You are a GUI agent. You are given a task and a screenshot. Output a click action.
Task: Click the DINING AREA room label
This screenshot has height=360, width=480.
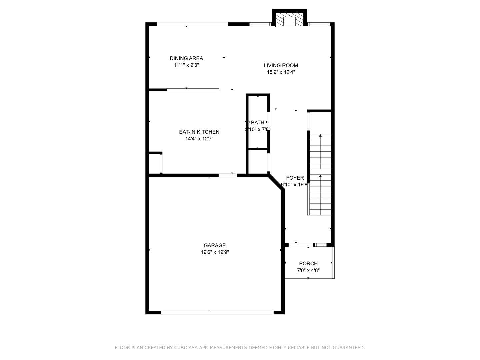coord(186,58)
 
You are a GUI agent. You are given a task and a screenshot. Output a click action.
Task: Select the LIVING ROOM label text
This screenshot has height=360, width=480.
coord(281,65)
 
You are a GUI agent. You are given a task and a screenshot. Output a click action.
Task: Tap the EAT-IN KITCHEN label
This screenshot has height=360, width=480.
coord(199,132)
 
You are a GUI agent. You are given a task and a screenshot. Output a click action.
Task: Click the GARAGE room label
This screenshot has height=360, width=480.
coord(215,245)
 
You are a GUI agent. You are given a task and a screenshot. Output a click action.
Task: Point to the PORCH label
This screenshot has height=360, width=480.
coord(308,263)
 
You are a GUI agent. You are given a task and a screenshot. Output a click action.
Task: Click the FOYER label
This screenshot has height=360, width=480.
coord(295,178)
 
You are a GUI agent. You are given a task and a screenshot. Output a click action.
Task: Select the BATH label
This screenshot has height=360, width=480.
coord(257,122)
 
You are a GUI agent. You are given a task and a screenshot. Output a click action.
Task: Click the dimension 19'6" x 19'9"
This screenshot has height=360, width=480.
coord(215,252)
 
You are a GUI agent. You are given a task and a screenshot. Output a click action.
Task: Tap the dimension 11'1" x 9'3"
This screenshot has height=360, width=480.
coord(186,65)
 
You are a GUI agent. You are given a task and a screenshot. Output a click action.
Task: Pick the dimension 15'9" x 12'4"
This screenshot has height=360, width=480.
coord(281,72)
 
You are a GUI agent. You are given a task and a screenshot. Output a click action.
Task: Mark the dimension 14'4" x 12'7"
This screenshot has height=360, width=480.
coord(199,139)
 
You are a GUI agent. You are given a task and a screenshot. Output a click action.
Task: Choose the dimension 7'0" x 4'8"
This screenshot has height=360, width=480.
coord(308,270)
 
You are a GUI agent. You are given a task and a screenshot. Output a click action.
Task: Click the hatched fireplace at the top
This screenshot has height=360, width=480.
coord(290,20)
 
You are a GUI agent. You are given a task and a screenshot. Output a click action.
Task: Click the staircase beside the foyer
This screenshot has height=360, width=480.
coord(320,173)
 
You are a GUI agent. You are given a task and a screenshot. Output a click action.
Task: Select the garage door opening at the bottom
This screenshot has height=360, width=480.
coord(217,312)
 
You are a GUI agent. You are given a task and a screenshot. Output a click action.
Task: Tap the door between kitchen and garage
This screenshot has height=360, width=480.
coord(228,175)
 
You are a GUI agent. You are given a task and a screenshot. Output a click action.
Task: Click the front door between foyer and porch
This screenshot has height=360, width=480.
coord(298,245)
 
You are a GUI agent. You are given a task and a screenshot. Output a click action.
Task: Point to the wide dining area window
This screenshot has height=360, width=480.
coord(192,24)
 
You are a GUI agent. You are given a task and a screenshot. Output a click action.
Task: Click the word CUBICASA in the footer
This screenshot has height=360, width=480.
coord(187,348)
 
